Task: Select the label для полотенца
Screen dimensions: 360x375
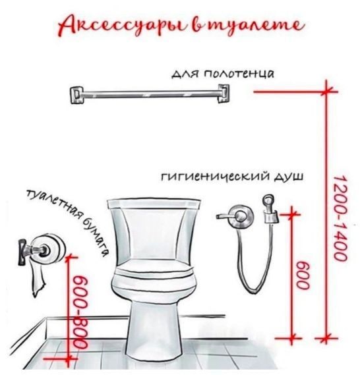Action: pos(222,74)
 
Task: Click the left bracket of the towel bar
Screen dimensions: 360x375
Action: pos(76,95)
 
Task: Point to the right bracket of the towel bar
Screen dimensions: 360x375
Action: pos(224,94)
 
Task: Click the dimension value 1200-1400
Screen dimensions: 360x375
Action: pos(340,218)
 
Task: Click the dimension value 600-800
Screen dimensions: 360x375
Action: pos(80,312)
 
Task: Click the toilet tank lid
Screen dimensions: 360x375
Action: pos(154,203)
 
